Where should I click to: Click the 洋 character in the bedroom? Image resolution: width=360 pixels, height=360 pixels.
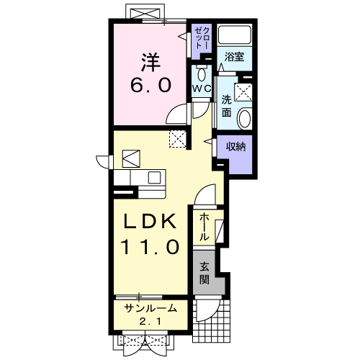point(150,62)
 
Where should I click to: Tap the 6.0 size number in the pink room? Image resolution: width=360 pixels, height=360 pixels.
point(151,85)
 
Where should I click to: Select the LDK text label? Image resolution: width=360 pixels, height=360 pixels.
point(150,222)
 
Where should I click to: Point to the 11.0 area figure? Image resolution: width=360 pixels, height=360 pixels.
point(150,247)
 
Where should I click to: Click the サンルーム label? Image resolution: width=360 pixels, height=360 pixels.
point(150,308)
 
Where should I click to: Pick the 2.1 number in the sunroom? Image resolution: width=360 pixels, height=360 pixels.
point(150,321)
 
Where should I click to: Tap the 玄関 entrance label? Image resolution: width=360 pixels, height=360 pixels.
point(204,273)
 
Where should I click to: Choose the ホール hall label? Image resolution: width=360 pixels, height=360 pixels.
point(204,227)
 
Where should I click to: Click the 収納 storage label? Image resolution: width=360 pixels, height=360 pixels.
point(236,146)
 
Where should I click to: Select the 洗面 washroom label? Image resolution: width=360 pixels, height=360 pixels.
point(227,106)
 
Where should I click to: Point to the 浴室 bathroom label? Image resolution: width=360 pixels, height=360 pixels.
point(234,57)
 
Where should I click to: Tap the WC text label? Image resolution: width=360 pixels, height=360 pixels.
point(202,89)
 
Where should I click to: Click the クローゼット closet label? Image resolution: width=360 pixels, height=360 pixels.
point(202,38)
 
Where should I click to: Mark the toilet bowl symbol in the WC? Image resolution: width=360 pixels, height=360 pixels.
point(202,74)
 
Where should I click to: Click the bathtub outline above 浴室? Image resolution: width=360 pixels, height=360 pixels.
point(235,35)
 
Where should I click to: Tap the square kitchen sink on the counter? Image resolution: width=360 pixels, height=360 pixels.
point(154,178)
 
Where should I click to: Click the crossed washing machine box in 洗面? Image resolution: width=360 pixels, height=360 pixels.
point(243,92)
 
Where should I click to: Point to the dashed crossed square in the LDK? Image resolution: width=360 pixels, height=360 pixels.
point(178,139)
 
